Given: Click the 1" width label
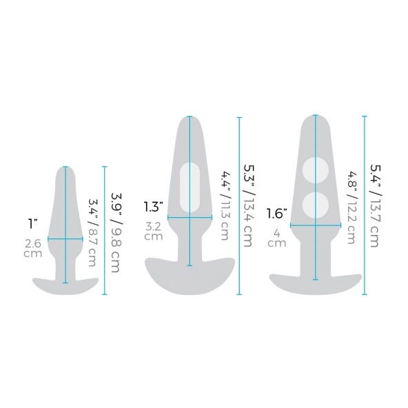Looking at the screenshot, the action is point(33,223).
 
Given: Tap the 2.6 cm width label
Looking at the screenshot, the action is point(33,249).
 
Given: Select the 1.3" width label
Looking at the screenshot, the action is point(154,207).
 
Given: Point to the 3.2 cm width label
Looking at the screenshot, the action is point(154,232).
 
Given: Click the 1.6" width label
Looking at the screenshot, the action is point(277,214).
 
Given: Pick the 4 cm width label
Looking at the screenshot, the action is point(277,238).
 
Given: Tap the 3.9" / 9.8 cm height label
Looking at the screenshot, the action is point(116,233).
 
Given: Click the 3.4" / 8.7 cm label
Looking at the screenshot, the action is point(93,233).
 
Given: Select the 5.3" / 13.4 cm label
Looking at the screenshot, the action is point(249,206).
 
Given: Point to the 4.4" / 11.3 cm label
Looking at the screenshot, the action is point(225,206).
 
